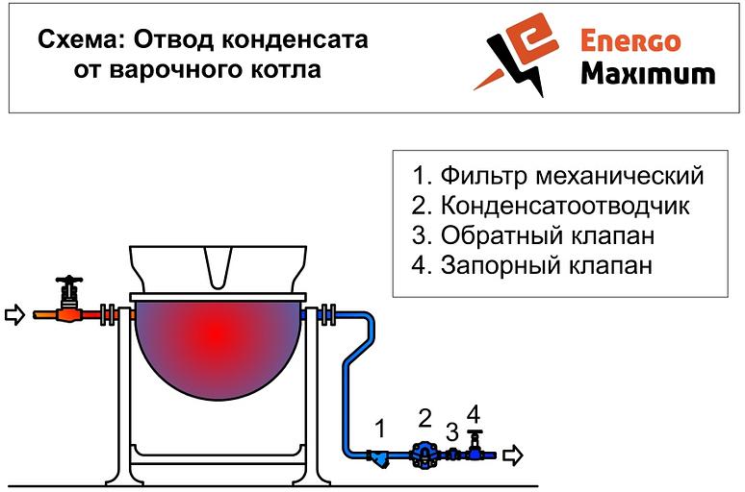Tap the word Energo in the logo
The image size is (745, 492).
tap(630, 40)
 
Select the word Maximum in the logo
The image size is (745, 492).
tap(648, 74)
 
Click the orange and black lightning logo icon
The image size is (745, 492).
tap(517, 55)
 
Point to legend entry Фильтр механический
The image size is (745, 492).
tap(557, 176)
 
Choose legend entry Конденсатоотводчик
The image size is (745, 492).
tap(551, 206)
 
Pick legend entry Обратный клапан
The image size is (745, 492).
tap(532, 235)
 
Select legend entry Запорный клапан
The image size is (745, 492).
tap(531, 265)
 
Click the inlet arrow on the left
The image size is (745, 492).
tap(14, 314)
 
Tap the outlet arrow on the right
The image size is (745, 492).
tap(513, 455)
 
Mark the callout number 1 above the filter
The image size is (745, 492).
tap(379, 429)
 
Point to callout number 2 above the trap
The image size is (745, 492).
tap(424, 417)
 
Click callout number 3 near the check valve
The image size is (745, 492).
tap(451, 431)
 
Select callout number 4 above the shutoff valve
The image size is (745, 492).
tap(474, 414)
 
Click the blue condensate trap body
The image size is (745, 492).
tap(423, 455)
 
